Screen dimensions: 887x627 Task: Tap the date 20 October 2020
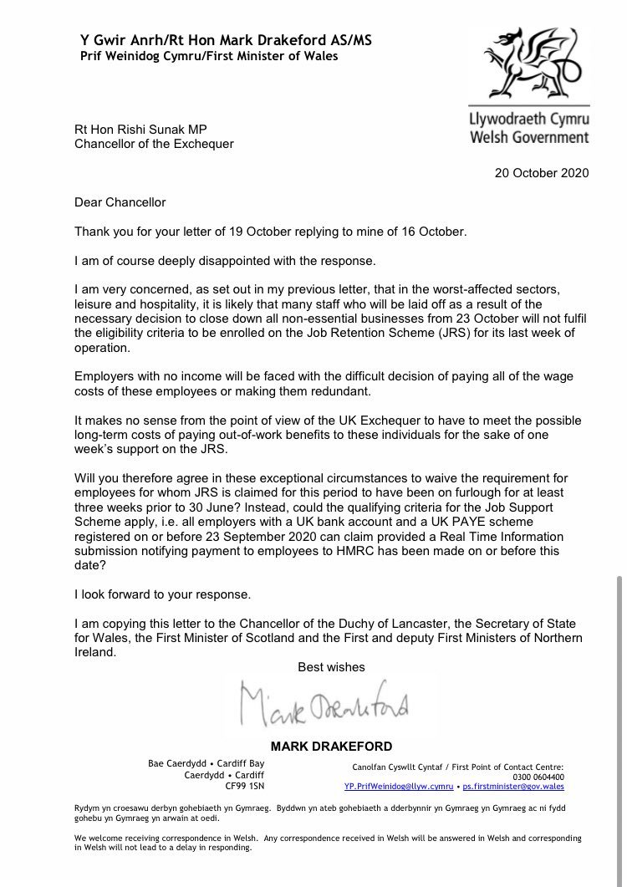542,173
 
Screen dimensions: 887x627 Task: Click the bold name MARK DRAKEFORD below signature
332,746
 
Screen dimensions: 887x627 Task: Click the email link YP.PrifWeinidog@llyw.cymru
399,787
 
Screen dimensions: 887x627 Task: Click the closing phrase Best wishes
332,667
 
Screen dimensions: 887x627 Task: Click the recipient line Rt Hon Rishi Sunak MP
140,129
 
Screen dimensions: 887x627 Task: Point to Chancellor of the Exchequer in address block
154,143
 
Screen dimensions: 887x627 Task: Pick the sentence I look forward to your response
162,594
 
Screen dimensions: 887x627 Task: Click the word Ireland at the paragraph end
94,652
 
